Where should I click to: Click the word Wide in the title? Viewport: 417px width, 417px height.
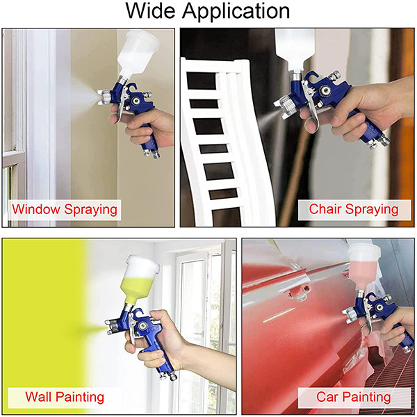(150, 11)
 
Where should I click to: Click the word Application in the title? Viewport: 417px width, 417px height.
(236, 12)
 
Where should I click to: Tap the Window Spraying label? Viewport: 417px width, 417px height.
(65, 210)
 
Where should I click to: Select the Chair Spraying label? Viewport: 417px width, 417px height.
(354, 210)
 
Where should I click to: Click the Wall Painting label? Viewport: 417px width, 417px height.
(65, 398)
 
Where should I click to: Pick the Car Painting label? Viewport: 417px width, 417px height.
(354, 398)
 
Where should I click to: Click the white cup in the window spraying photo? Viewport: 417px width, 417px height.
(138, 54)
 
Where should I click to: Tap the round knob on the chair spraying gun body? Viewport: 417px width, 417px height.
(325, 90)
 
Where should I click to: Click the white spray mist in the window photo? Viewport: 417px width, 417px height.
(85, 97)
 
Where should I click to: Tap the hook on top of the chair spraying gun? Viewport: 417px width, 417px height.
(312, 75)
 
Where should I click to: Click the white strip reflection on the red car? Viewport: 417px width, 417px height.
(279, 315)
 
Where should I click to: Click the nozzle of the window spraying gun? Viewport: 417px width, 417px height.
(104, 97)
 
